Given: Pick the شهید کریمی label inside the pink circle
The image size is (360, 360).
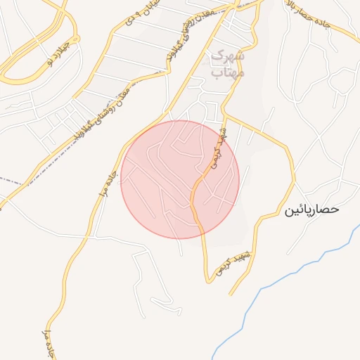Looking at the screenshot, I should coord(218,150).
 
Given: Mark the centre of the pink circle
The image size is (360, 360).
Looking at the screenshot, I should coord(180,179).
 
